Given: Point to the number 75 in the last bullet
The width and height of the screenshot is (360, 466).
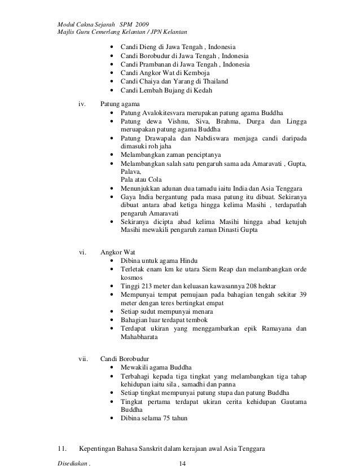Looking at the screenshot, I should click(x=159, y=419).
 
